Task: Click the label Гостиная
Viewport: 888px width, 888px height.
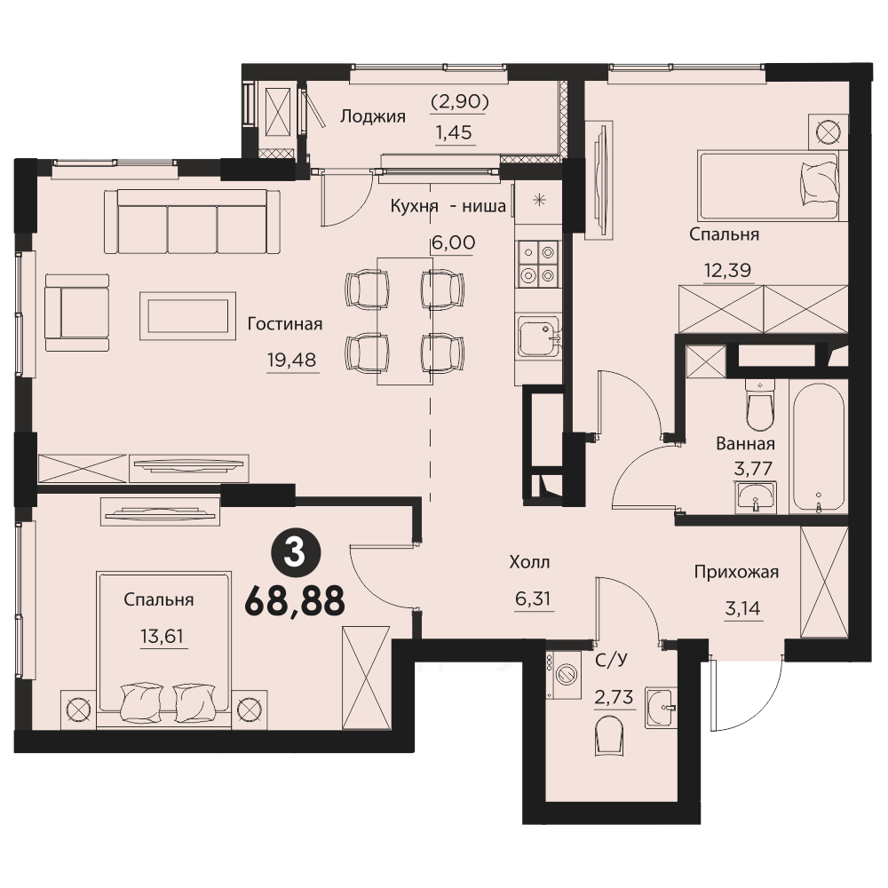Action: tap(285, 324)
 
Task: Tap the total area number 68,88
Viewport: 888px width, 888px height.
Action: tap(295, 601)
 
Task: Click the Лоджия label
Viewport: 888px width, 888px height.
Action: tap(373, 116)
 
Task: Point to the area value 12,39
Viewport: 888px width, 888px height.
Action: tap(728, 270)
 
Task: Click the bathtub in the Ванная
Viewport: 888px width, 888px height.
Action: tap(819, 448)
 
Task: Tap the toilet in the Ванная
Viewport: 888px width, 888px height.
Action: tap(759, 406)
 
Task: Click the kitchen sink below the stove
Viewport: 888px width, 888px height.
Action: tap(539, 337)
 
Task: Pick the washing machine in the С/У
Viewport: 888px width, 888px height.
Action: tap(564, 675)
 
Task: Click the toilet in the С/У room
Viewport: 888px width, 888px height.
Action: tap(609, 735)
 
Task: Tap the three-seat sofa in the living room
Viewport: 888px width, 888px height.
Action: tap(193, 221)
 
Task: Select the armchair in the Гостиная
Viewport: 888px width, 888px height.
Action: tap(77, 313)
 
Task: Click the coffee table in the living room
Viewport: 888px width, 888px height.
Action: tap(188, 316)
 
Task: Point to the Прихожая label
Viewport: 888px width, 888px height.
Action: tap(736, 573)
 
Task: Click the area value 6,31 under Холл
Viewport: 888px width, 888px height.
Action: tap(533, 599)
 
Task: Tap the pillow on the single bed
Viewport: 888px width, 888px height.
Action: tap(819, 182)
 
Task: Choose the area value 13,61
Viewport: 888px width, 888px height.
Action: tap(162, 637)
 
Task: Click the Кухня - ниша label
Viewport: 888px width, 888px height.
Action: tap(448, 206)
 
